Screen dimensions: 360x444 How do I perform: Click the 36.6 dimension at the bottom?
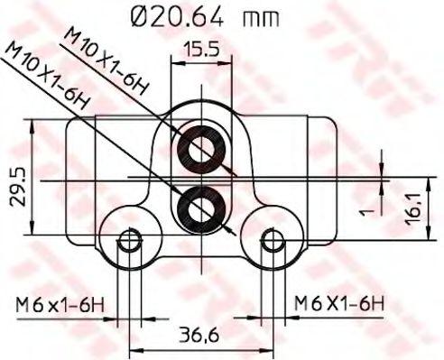199,336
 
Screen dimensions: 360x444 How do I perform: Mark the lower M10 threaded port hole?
199,207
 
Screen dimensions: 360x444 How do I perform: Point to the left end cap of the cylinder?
79,180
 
